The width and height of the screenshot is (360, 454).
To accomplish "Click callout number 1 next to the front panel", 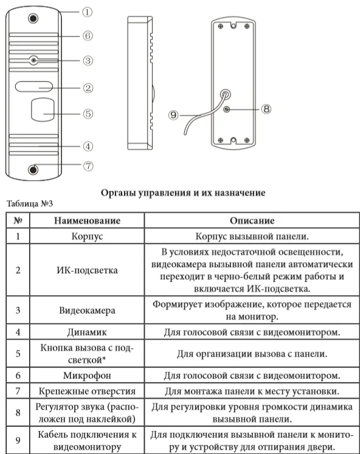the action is click(87, 12).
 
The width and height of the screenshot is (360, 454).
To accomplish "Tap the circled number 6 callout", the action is click(88, 36).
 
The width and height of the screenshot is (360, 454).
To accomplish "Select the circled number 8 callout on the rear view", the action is click(266, 109).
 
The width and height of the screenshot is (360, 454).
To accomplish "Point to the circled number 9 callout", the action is click(173, 115).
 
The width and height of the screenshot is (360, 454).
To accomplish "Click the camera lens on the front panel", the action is click(34, 60).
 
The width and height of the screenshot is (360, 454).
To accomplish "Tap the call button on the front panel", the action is click(42, 110).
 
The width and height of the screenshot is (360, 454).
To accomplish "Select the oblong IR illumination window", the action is click(34, 86).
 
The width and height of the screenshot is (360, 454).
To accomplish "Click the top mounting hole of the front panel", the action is click(33, 19).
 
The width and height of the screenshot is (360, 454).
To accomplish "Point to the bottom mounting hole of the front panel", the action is click(33, 170).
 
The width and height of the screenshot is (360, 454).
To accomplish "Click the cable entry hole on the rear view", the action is click(226, 94).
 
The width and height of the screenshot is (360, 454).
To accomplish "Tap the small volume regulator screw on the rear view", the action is click(227, 109).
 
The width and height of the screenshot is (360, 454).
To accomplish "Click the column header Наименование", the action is click(87, 221).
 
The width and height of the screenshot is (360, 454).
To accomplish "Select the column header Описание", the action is click(252, 221).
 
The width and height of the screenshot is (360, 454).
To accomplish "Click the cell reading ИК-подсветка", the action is click(87, 270).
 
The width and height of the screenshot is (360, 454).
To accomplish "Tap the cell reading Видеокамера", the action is click(87, 310).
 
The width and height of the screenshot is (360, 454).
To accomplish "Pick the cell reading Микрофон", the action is click(87, 375).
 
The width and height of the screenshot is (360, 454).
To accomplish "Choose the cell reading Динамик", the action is click(87, 332).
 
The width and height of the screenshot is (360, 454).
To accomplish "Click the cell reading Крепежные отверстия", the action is click(87, 391).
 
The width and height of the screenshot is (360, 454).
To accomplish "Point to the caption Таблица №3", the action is click(30, 203).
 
